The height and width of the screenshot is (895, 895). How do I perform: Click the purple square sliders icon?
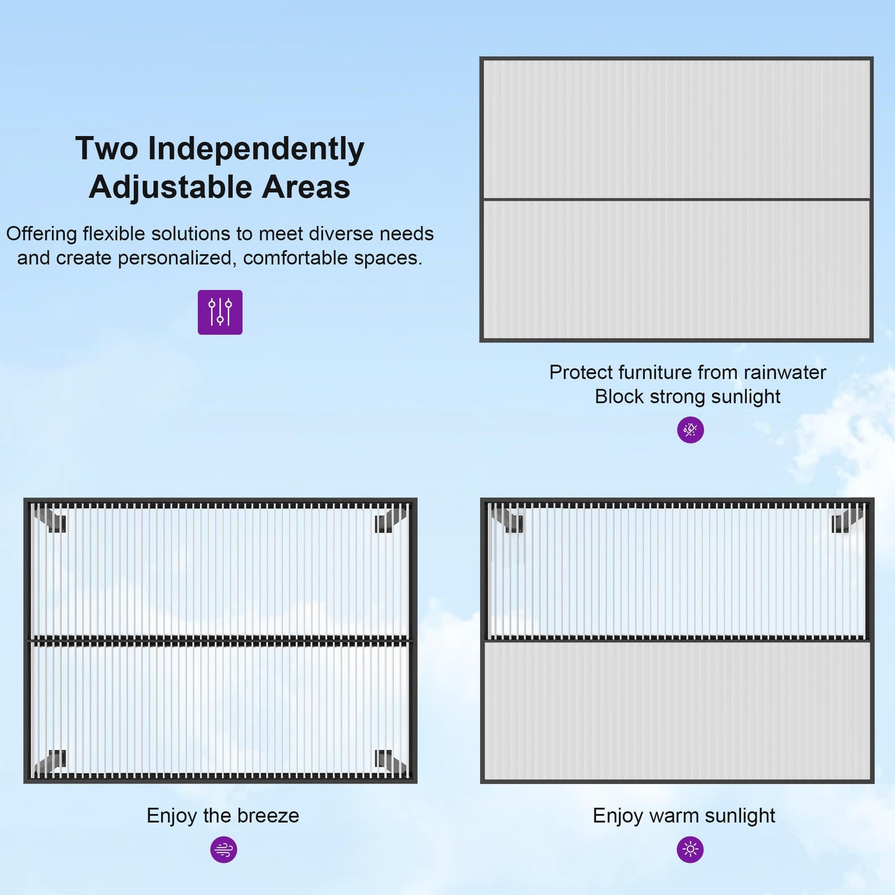tap(220, 312)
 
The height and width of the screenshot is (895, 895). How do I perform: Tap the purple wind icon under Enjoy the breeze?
tap(224, 849)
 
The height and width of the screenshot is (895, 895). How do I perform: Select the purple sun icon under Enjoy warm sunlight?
tap(690, 849)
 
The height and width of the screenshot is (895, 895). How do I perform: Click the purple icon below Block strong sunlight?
tap(690, 430)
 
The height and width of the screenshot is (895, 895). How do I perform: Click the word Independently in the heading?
tap(256, 149)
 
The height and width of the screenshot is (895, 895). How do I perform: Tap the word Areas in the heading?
tap(306, 187)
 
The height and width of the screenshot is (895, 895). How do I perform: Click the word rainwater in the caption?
tap(785, 372)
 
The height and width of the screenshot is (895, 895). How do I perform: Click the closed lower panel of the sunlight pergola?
tap(677, 711)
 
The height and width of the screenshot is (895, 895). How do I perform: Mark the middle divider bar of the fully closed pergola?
tap(677, 199)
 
